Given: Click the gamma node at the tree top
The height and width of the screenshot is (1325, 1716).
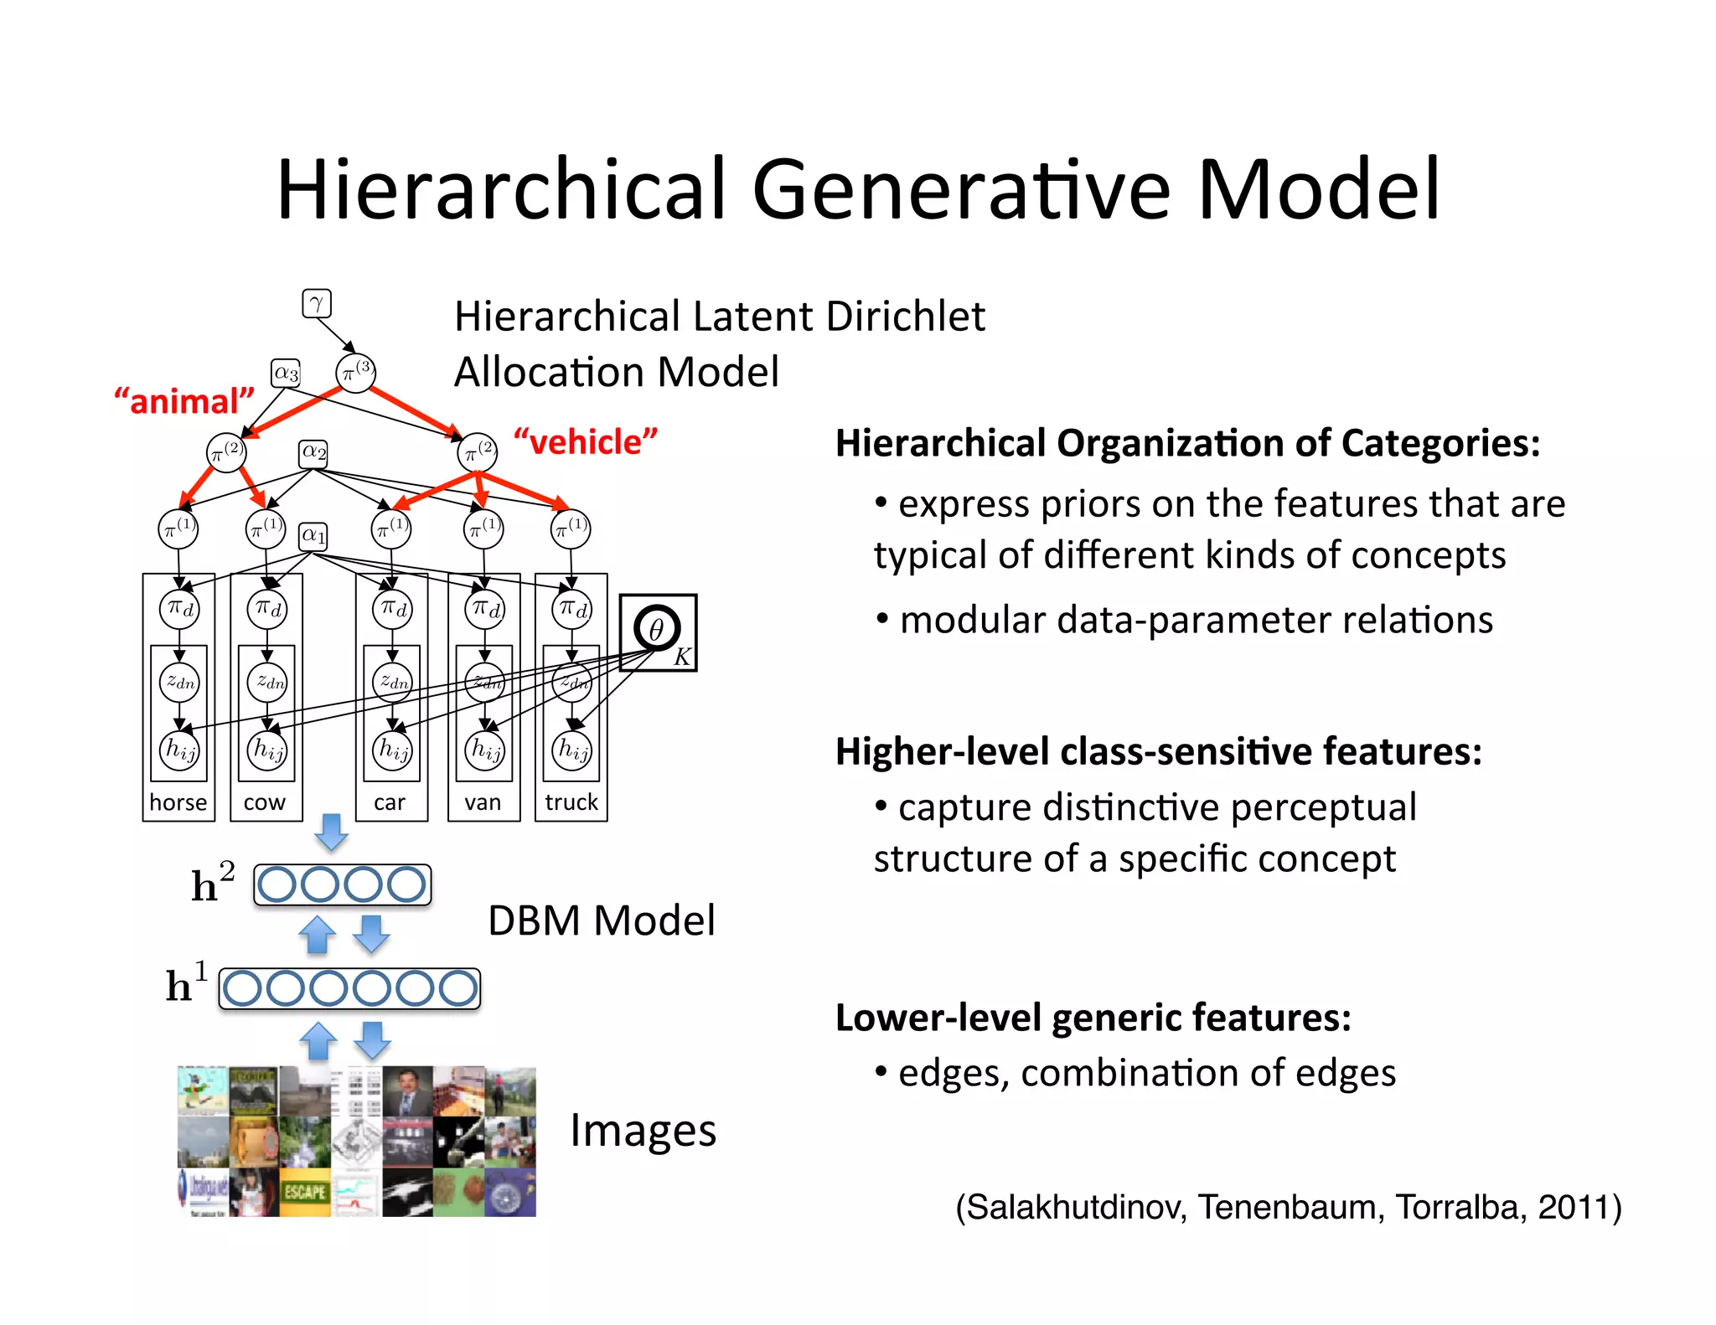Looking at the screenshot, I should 317,303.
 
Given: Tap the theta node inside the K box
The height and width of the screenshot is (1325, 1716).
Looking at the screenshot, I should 656,629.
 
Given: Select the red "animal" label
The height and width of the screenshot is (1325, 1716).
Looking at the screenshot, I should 184,401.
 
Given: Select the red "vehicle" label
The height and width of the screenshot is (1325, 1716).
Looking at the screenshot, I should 586,441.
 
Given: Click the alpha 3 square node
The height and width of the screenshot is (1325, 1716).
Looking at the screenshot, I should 286,373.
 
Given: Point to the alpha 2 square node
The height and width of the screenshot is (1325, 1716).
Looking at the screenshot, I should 313,452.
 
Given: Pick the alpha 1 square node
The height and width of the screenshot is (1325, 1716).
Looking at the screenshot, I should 313,535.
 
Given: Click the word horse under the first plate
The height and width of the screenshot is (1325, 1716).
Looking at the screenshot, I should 178,802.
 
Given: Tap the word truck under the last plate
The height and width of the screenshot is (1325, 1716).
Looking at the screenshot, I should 571,802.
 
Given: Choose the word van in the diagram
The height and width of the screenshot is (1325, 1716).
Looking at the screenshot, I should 483,802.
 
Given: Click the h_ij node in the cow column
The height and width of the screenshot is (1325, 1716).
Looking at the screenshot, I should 267,749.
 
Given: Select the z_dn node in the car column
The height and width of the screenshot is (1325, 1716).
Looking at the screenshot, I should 392,682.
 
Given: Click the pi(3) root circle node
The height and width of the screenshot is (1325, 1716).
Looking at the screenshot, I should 355,373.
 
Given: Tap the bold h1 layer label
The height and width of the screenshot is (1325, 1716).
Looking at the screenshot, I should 186,985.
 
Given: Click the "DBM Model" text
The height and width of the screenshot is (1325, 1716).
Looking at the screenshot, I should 601,920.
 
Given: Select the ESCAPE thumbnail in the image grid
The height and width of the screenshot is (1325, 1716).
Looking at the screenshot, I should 305,1192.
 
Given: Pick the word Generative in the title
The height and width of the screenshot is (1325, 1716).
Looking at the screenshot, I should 960,190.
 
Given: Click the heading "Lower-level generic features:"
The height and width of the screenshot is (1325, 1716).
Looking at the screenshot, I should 1093,1018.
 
